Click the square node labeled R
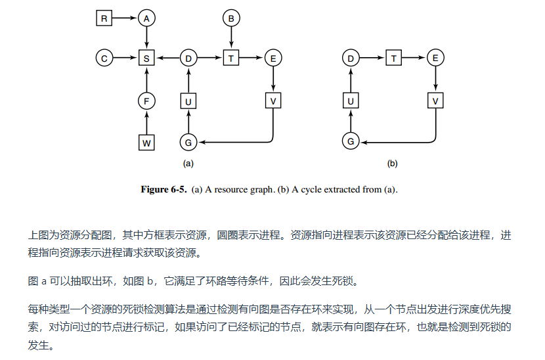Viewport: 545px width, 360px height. coord(104,18)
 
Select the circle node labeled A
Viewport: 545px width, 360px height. coord(146,18)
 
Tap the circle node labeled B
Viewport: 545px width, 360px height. coord(230,18)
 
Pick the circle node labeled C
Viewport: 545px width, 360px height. coord(104,58)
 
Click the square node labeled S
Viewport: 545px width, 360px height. coord(146,58)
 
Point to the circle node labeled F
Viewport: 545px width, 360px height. coord(146,101)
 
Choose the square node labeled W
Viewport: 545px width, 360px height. coord(146,141)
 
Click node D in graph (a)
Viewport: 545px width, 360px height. coord(188,58)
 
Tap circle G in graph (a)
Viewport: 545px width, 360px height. coord(188,141)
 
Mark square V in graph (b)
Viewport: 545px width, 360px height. coord(435,101)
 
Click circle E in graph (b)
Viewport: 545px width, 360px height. coord(435,58)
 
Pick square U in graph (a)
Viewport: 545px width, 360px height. coord(188,101)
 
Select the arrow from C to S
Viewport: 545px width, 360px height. coord(125,58)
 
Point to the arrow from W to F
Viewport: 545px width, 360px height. coord(146,121)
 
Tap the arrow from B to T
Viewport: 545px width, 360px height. coord(230,38)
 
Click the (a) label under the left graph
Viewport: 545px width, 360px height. coord(188,163)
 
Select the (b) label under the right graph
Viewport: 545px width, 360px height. coord(393,163)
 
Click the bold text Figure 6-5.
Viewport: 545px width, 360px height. coord(164,190)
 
